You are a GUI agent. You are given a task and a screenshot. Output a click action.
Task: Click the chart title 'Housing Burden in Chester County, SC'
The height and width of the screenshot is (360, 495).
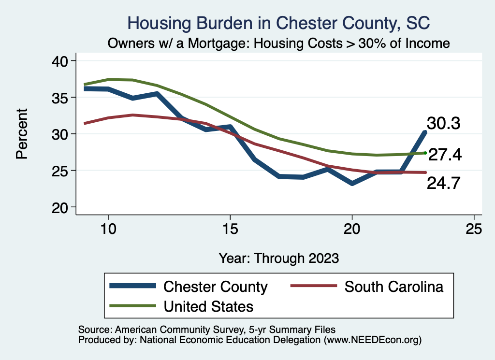[278, 23]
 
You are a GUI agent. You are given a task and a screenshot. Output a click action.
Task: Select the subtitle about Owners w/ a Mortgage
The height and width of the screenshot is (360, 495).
[279, 43]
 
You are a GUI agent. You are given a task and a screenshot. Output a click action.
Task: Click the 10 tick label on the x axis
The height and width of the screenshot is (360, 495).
[108, 229]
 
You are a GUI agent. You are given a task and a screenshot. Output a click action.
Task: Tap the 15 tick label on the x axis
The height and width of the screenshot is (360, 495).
[230, 229]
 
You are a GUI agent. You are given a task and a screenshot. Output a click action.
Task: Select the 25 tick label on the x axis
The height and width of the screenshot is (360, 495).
[474, 229]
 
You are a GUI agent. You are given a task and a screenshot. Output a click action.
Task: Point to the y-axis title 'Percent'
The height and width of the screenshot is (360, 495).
[22, 134]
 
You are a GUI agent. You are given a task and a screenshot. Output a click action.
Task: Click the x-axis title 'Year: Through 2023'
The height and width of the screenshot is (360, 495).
[278, 258]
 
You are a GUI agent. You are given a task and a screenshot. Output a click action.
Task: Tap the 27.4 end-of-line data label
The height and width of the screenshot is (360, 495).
[445, 155]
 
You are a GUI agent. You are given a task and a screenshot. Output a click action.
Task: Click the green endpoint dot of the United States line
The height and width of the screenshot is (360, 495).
[425, 153]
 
